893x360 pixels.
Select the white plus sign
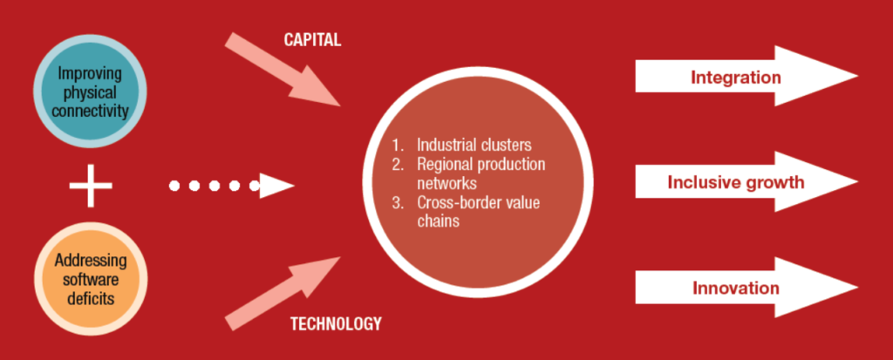coord(91,185)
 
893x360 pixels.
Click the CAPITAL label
coord(312,40)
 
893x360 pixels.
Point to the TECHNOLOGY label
coord(335,324)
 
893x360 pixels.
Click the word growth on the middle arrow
coord(774,183)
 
